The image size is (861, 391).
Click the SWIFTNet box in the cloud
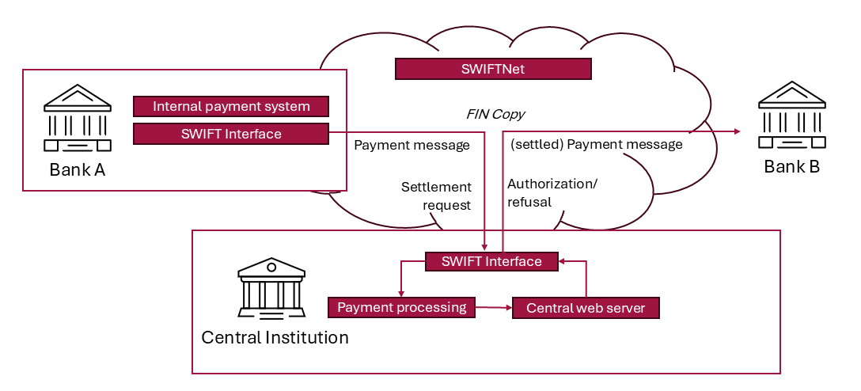tap(493, 69)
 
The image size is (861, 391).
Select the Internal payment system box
tap(230, 106)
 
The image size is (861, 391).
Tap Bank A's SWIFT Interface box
tap(230, 134)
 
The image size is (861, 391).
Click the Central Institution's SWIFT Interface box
tap(491, 261)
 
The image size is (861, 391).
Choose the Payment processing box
tap(402, 307)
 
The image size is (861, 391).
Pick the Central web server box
tap(586, 308)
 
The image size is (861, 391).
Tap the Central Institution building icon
tap(271, 287)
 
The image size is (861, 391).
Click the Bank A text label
tap(77, 169)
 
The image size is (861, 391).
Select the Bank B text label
tap(791, 167)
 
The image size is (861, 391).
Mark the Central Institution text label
tap(275, 338)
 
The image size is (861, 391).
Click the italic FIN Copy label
tap(495, 114)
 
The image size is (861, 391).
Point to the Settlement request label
tap(436, 195)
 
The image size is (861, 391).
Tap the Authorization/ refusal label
tap(552, 192)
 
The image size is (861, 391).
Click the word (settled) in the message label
tap(537, 145)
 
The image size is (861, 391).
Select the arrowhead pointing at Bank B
tap(736, 131)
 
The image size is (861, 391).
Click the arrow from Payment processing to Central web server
tap(494, 307)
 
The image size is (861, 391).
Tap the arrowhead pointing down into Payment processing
tap(402, 293)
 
